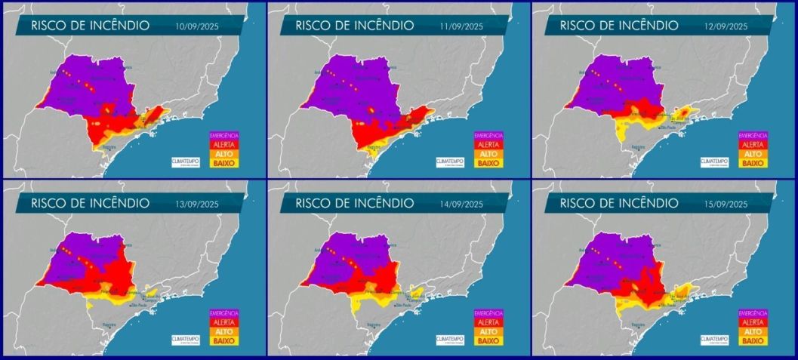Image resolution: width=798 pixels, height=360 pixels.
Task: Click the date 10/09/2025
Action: [196, 26]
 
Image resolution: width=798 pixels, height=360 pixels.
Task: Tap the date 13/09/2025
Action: [196, 205]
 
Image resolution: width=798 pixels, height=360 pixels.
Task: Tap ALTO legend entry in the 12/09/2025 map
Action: [752, 152]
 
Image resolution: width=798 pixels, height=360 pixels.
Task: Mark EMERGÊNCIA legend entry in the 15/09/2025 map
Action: [752, 313]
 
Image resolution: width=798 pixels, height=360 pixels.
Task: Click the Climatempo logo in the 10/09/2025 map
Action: [186, 161]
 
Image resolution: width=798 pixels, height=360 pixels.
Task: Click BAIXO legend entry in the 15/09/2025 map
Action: [752, 340]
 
